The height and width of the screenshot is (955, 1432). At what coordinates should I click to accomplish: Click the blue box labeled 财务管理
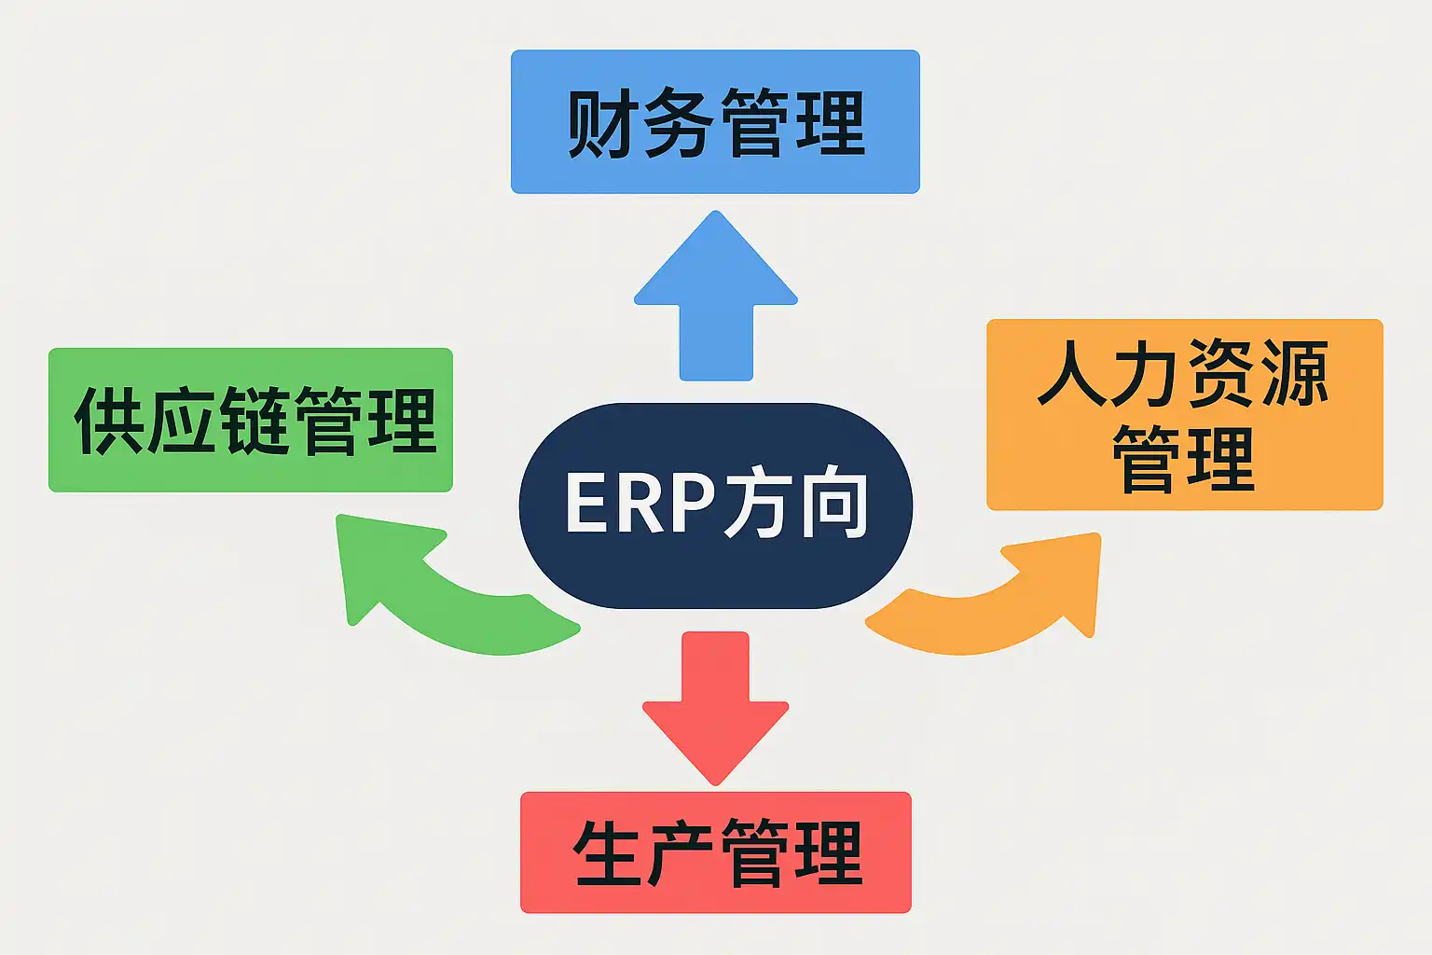(x=715, y=121)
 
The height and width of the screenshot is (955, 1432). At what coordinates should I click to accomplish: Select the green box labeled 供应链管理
(x=250, y=420)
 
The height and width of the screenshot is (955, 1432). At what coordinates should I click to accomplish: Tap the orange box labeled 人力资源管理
(x=1184, y=414)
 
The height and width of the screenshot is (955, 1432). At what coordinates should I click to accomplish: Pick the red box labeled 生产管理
(x=715, y=851)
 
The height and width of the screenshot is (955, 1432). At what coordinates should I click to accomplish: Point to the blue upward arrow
(x=715, y=298)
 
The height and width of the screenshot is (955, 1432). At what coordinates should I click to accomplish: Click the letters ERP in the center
(x=639, y=504)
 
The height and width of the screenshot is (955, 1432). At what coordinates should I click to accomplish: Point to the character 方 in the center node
(x=757, y=504)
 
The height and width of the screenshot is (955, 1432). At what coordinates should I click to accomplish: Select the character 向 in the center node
(x=833, y=504)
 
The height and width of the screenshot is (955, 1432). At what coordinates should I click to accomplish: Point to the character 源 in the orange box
(x=1296, y=373)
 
